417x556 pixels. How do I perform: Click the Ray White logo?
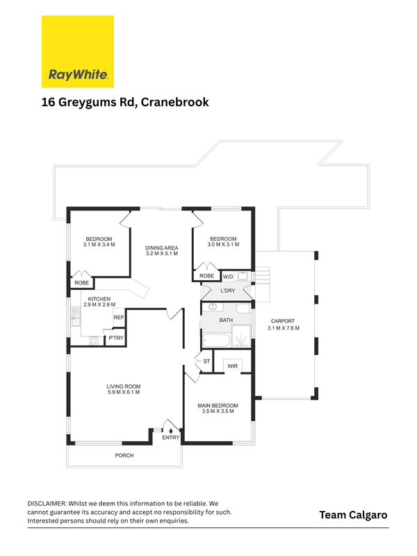[x=78, y=51]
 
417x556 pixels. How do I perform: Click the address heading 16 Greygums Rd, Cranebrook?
[x=125, y=102]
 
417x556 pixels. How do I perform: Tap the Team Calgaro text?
[x=353, y=515]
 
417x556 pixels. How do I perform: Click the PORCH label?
[x=124, y=455]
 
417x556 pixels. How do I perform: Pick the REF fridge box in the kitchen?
[x=119, y=318]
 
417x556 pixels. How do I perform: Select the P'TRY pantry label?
[x=116, y=338]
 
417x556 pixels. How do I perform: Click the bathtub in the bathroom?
[x=216, y=341]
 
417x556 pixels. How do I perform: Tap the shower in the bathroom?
[x=241, y=336]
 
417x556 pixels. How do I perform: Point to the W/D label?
[x=228, y=277]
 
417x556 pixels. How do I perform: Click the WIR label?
[x=233, y=366]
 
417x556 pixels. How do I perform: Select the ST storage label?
[x=206, y=361]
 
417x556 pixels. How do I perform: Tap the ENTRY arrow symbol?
[x=171, y=430]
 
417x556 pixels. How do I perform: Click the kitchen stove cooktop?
[x=94, y=341]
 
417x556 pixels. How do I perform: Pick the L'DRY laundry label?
[x=228, y=291]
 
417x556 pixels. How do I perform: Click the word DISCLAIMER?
[x=47, y=503]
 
